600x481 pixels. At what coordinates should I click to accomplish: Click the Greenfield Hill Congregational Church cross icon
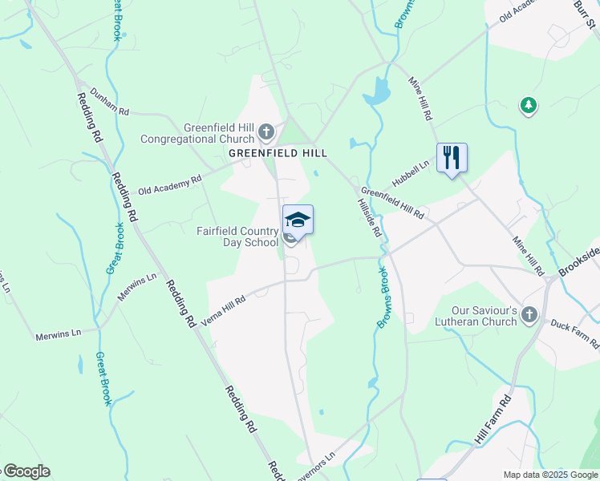(268, 131)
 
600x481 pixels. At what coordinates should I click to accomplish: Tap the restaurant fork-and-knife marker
(452, 156)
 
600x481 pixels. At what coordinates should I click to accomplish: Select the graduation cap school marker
(298, 220)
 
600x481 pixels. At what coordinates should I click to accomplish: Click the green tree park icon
(528, 105)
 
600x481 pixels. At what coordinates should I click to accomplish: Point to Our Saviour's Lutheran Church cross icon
(529, 315)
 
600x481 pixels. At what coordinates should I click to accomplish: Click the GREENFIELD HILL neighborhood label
(278, 152)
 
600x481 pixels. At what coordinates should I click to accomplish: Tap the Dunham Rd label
(109, 103)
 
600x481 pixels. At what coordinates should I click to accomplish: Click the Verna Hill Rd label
(224, 308)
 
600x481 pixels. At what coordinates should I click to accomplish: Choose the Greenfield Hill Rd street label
(392, 204)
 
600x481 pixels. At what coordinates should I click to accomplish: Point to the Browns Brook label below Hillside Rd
(385, 298)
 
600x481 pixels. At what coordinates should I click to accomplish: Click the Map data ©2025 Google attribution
(550, 475)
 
